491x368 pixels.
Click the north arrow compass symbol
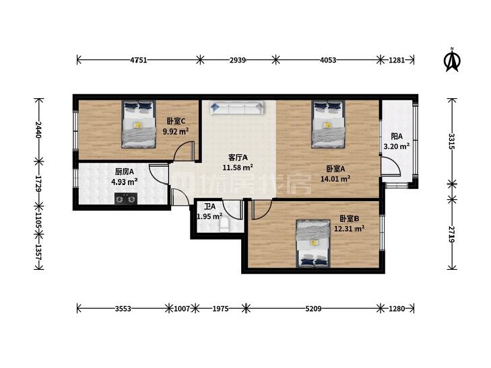tap(452, 60)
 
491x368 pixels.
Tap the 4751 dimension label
tap(138, 60)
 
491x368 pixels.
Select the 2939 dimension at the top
tap(237, 60)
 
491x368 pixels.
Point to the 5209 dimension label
tap(313, 309)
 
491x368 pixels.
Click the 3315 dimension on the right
tap(451, 141)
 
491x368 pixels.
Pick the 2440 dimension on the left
tap(38, 130)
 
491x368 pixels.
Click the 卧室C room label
tap(176, 121)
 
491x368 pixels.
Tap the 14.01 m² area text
tap(335, 179)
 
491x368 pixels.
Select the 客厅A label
tap(238, 157)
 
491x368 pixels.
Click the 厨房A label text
tap(125, 172)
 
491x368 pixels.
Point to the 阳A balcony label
tap(397, 137)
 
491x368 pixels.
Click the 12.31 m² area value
tap(349, 229)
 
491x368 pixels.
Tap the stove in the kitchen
tap(126, 198)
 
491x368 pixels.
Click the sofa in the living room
tap(236, 108)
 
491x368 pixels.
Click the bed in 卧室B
tap(313, 244)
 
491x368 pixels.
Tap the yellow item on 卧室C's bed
tap(138, 125)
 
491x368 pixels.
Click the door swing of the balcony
tap(391, 168)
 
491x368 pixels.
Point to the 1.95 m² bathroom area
tap(209, 217)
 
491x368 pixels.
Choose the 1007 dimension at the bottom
tap(182, 309)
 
